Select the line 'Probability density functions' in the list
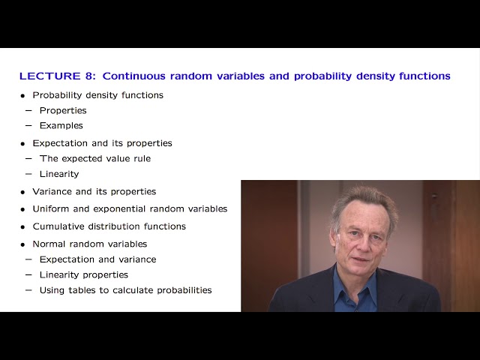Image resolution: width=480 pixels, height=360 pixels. pyautogui.click(x=97, y=95)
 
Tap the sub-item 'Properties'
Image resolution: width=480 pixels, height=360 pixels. pyautogui.click(x=63, y=110)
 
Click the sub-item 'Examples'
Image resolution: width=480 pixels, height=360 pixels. pyautogui.click(x=61, y=125)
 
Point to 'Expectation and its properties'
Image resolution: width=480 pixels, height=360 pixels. pyautogui.click(x=102, y=143)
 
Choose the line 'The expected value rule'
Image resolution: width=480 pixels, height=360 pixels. pyautogui.click(x=94, y=158)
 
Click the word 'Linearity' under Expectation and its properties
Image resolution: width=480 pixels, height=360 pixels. pyautogui.click(x=58, y=174)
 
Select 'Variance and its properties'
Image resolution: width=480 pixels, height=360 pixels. pyautogui.click(x=94, y=191)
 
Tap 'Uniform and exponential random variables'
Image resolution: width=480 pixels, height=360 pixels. pyautogui.click(x=130, y=208)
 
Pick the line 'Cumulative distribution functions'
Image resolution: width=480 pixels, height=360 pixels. pyautogui.click(x=109, y=226)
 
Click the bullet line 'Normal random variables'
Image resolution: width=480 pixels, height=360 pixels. pyautogui.click(x=89, y=244)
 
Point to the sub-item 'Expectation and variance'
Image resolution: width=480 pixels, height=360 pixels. pyautogui.click(x=97, y=259)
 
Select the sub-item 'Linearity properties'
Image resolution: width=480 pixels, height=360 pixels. pyautogui.click(x=83, y=274)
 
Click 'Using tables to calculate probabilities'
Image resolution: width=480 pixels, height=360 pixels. pyautogui.click(x=125, y=290)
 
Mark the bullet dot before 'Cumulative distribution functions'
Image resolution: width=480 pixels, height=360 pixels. pyautogui.click(x=23, y=226)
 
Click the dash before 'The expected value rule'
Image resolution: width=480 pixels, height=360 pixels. pyautogui.click(x=28, y=158)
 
